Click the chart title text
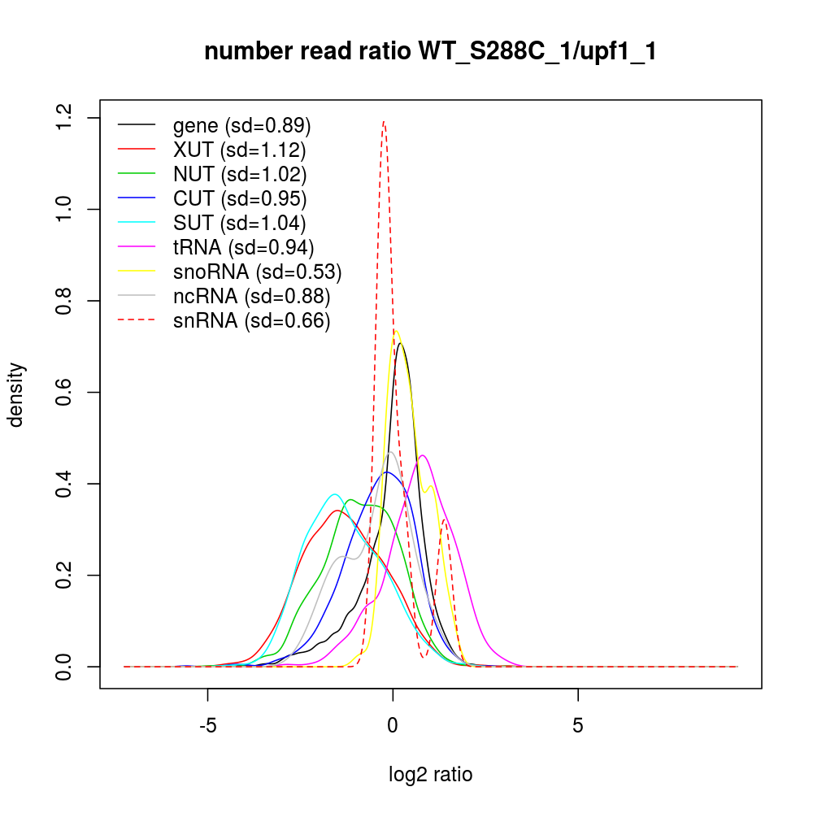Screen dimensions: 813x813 430,52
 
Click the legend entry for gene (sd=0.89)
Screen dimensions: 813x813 241,126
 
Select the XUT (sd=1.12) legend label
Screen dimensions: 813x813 239,150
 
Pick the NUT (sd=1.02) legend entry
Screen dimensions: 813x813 240,175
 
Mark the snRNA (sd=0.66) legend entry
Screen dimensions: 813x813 251,321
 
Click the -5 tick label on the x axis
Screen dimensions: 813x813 208,725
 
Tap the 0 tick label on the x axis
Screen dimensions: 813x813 393,725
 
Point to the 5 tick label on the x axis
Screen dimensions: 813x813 578,725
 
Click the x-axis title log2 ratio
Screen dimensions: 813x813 431,775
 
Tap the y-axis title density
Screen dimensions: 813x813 17,394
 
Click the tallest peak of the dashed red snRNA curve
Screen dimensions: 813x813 384,123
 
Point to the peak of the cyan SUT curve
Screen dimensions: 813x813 334,494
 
